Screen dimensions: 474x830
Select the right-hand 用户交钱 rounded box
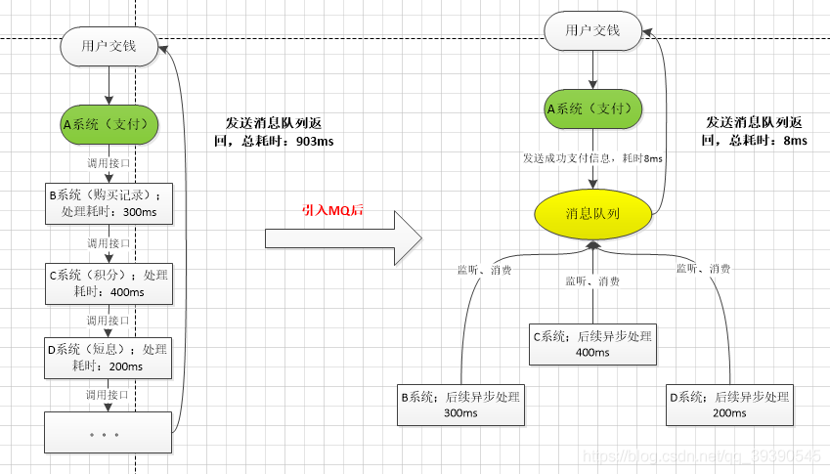tap(592, 30)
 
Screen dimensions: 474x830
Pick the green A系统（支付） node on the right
tap(592, 108)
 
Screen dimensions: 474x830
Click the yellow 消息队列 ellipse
tap(592, 213)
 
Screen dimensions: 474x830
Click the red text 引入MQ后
tap(332, 210)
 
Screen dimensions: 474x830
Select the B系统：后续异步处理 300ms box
tap(460, 406)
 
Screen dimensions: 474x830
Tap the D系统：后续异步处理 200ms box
tap(728, 406)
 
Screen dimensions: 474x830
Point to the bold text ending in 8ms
tap(754, 132)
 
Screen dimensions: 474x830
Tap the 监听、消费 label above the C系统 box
tap(592, 281)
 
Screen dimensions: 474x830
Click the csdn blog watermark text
tap(700, 456)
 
